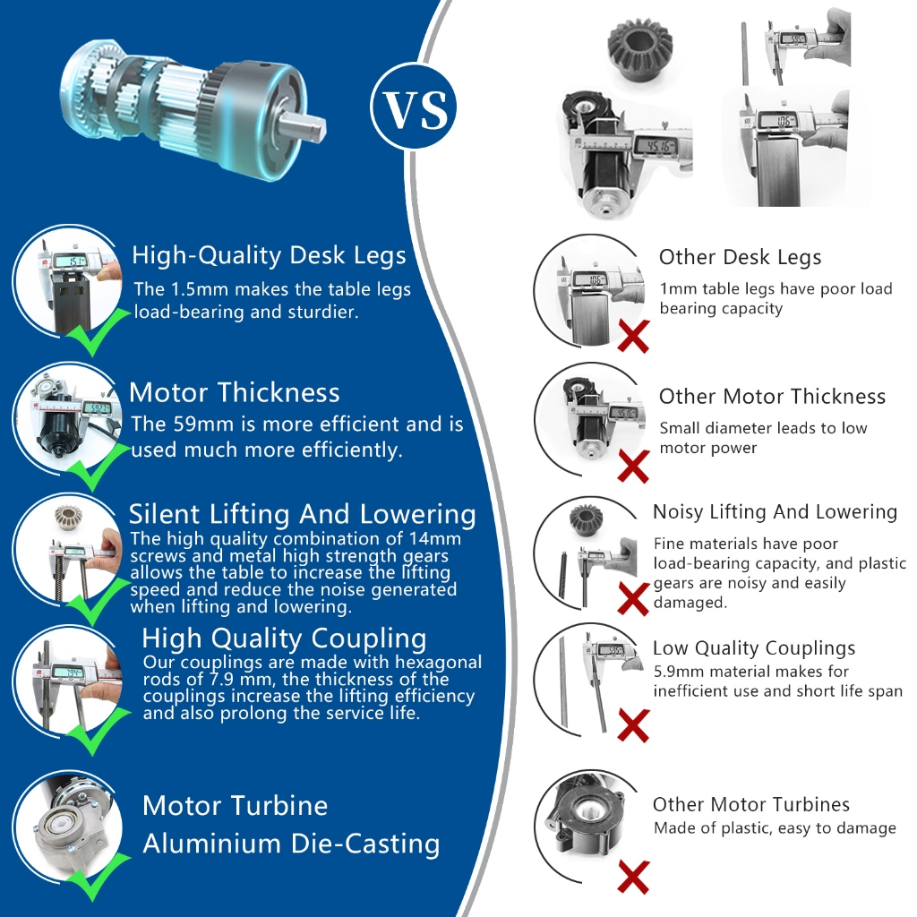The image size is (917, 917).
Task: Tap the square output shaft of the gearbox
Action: tap(304, 126)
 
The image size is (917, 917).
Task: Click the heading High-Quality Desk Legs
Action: tap(269, 255)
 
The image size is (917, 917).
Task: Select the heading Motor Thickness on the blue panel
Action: tap(234, 392)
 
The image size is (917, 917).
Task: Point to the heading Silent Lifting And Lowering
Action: tap(303, 514)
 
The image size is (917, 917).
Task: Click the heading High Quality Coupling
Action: tap(284, 638)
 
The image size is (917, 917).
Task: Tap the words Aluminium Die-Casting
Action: tap(291, 844)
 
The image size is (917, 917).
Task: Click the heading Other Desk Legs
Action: tap(740, 257)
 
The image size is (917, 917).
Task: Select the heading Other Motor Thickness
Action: tap(772, 397)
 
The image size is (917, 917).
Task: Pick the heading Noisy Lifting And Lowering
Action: tap(775, 511)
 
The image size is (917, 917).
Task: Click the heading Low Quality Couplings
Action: tap(754, 648)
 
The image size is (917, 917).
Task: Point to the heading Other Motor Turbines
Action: tap(751, 805)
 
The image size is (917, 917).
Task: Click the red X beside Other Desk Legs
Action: tap(633, 337)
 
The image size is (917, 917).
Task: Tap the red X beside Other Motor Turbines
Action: tap(633, 877)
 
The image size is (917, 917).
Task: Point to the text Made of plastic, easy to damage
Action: tap(775, 828)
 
